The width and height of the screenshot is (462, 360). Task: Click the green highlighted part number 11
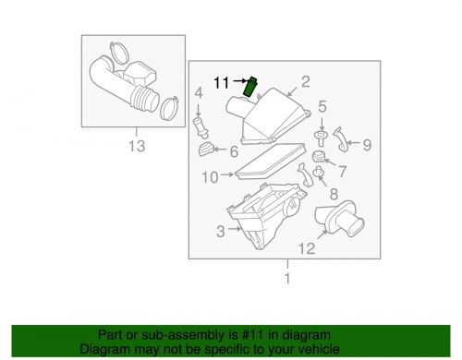(x=250, y=87)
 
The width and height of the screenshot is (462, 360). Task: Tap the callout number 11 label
(x=222, y=83)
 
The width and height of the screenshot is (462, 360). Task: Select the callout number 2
(x=305, y=81)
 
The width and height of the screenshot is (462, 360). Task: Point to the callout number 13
(x=137, y=146)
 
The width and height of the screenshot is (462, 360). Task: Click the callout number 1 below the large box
(x=287, y=278)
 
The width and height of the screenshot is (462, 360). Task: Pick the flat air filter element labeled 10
(x=270, y=162)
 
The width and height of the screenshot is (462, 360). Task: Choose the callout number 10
(x=210, y=177)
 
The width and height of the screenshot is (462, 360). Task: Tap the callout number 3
(x=221, y=232)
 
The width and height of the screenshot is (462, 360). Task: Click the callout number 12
(x=307, y=248)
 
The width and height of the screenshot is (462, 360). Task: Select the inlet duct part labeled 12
(x=339, y=219)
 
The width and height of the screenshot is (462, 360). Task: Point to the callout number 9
(x=367, y=145)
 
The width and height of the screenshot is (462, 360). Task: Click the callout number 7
(x=342, y=172)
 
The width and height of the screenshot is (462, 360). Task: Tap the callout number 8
(x=334, y=194)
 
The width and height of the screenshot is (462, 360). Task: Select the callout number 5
(x=322, y=106)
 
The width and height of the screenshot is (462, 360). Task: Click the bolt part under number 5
(x=322, y=138)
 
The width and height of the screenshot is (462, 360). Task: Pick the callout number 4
(x=199, y=93)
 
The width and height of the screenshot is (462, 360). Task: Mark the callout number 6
(x=234, y=151)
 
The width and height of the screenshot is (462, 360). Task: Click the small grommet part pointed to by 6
(x=205, y=150)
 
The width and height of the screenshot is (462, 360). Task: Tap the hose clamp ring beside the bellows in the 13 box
(x=169, y=108)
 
